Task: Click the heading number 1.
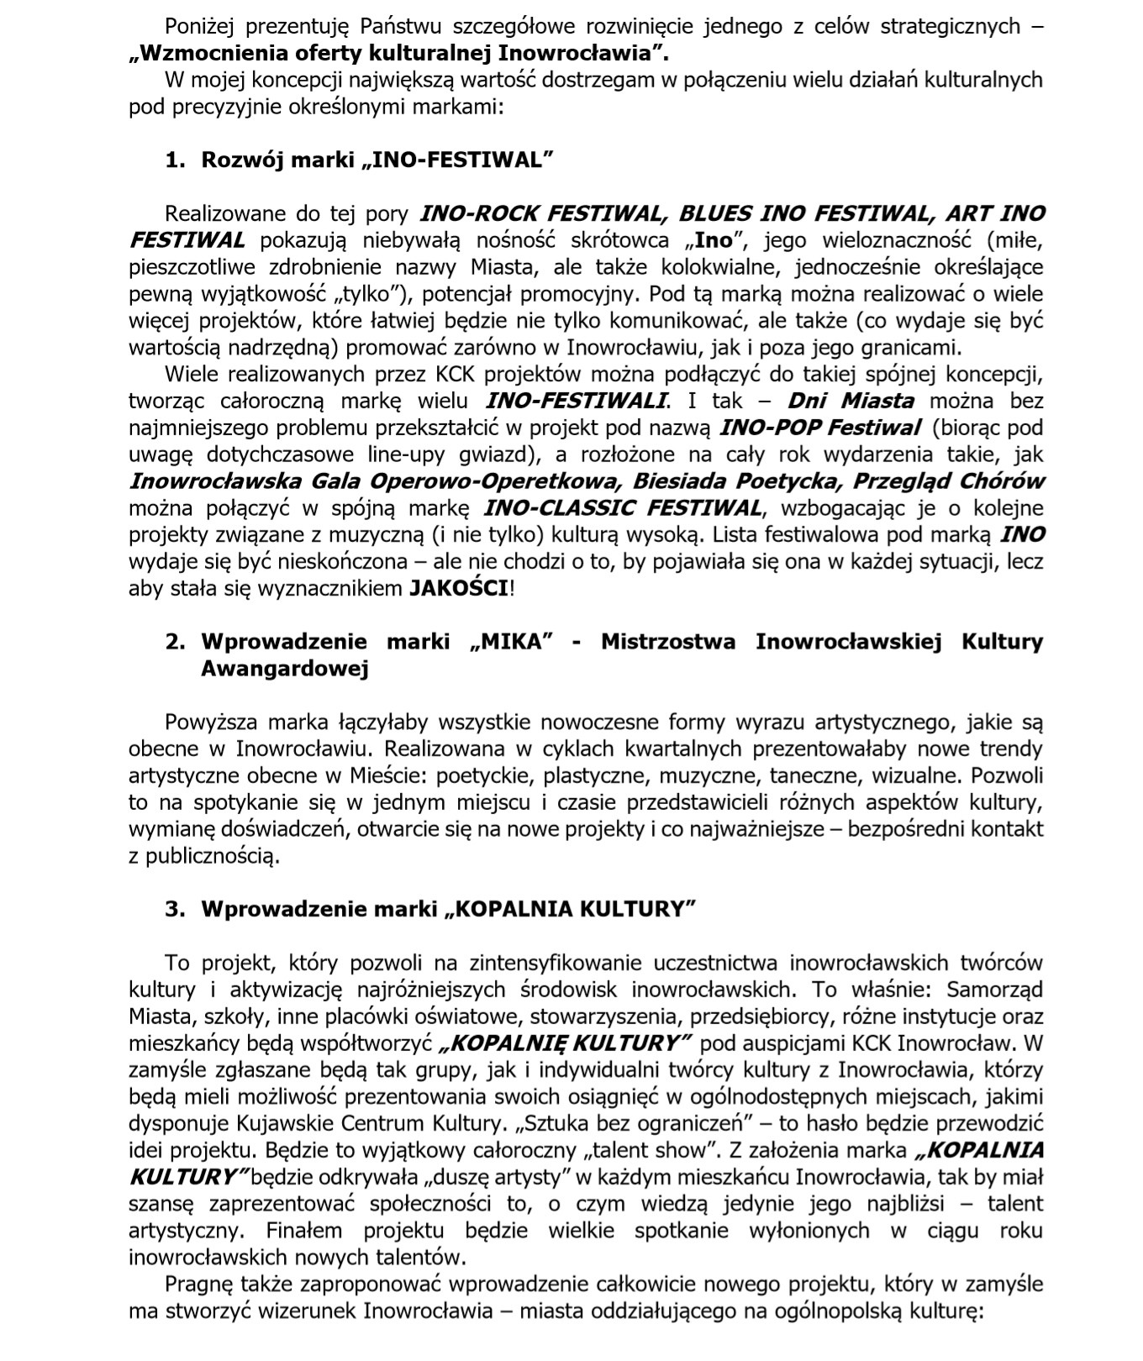(174, 160)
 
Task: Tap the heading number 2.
(175, 642)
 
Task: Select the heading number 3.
(175, 909)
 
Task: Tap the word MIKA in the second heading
(514, 642)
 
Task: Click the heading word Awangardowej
(285, 669)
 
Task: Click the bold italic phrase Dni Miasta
(851, 401)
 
